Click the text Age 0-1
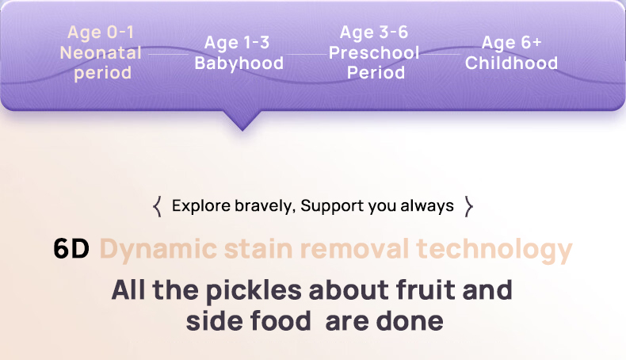101,33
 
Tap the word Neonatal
101,53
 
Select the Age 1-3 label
237,43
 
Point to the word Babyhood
239,63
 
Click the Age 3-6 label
374,33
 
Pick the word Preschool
374,53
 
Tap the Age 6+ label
511,43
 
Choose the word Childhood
511,63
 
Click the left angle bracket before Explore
158,207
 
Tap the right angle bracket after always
469,207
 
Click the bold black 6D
71,248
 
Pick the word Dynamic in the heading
158,250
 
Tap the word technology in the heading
494,250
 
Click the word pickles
254,290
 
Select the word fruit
426,289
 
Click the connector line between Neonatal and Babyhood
168,54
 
